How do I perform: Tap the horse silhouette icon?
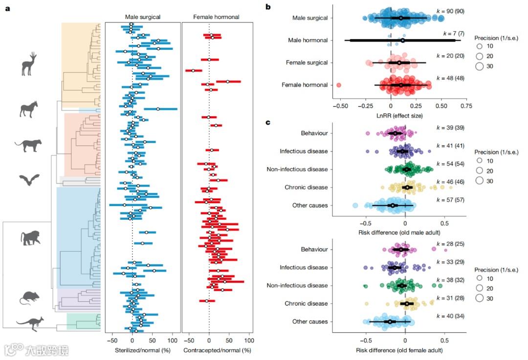coord(29,109)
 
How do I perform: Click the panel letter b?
coord(267,7)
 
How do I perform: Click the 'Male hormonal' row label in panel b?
coord(308,40)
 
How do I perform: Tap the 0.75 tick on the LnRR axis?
coord(466,106)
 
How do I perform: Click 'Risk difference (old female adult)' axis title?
coord(399,350)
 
